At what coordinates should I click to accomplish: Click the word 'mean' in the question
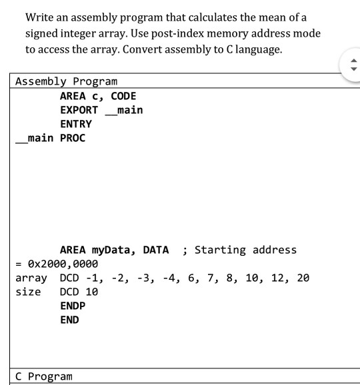(x=272, y=18)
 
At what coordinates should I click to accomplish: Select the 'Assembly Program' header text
(x=67, y=81)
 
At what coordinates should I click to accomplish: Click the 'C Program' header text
(x=44, y=376)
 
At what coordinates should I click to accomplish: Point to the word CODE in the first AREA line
(x=123, y=96)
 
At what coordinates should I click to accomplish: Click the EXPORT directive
(x=79, y=110)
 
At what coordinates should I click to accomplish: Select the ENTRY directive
(x=76, y=124)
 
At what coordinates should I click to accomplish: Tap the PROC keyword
(x=73, y=138)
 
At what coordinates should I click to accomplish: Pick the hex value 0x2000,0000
(x=63, y=264)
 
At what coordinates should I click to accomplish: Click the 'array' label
(x=31, y=278)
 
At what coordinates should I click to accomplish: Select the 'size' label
(x=28, y=292)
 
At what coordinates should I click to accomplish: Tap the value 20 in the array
(x=303, y=278)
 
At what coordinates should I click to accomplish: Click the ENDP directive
(x=73, y=306)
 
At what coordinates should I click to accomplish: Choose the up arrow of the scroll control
(x=353, y=61)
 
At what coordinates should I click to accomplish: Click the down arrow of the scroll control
(x=353, y=69)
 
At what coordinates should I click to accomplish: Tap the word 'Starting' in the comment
(x=220, y=250)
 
